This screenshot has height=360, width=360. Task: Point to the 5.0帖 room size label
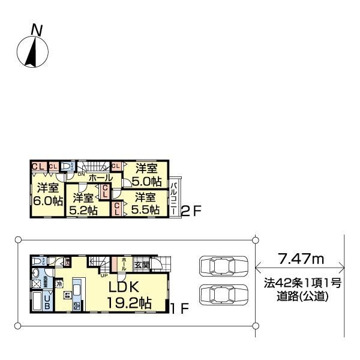(x=147, y=181)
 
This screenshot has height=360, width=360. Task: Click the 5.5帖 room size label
(x=146, y=209)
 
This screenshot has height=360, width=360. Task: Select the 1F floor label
(x=180, y=310)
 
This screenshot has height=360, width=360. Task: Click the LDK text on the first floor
(x=125, y=288)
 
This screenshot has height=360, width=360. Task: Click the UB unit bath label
(x=47, y=302)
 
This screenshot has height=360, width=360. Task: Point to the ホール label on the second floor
(x=99, y=178)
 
